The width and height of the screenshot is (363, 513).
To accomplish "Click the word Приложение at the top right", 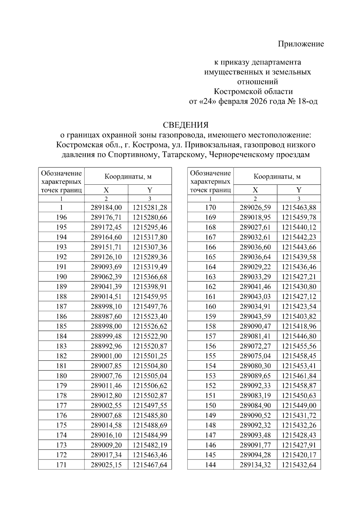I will point(301,44).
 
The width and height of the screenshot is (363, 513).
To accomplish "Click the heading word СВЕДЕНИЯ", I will point(186,125).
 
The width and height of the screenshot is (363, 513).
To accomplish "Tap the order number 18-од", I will point(308,102).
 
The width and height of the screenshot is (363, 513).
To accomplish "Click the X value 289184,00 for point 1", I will point(106,208).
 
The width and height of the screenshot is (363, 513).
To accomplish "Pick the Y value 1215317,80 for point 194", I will point(150,237).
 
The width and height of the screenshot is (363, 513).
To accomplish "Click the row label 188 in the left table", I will point(61,297).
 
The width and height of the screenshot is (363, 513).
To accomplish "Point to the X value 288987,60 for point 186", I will point(106,317).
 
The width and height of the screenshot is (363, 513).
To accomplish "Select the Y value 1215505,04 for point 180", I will point(150,376).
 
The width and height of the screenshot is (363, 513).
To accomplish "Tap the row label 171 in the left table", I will point(61,465).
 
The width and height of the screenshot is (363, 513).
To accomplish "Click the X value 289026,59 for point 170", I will point(255,208).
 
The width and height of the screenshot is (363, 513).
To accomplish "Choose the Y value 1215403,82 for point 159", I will point(299,317).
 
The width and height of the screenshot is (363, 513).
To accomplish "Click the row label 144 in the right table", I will point(211,465).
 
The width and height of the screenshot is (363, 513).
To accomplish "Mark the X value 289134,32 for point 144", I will point(255,465).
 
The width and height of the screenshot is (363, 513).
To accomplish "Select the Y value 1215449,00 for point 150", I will point(299,405).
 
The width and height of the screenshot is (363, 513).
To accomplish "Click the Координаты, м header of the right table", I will point(277,177).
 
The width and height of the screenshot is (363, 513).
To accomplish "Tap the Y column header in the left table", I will point(150,190).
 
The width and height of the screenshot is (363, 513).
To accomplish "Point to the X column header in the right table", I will point(255,190).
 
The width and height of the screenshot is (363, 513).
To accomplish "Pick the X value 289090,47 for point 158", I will point(255,326).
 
